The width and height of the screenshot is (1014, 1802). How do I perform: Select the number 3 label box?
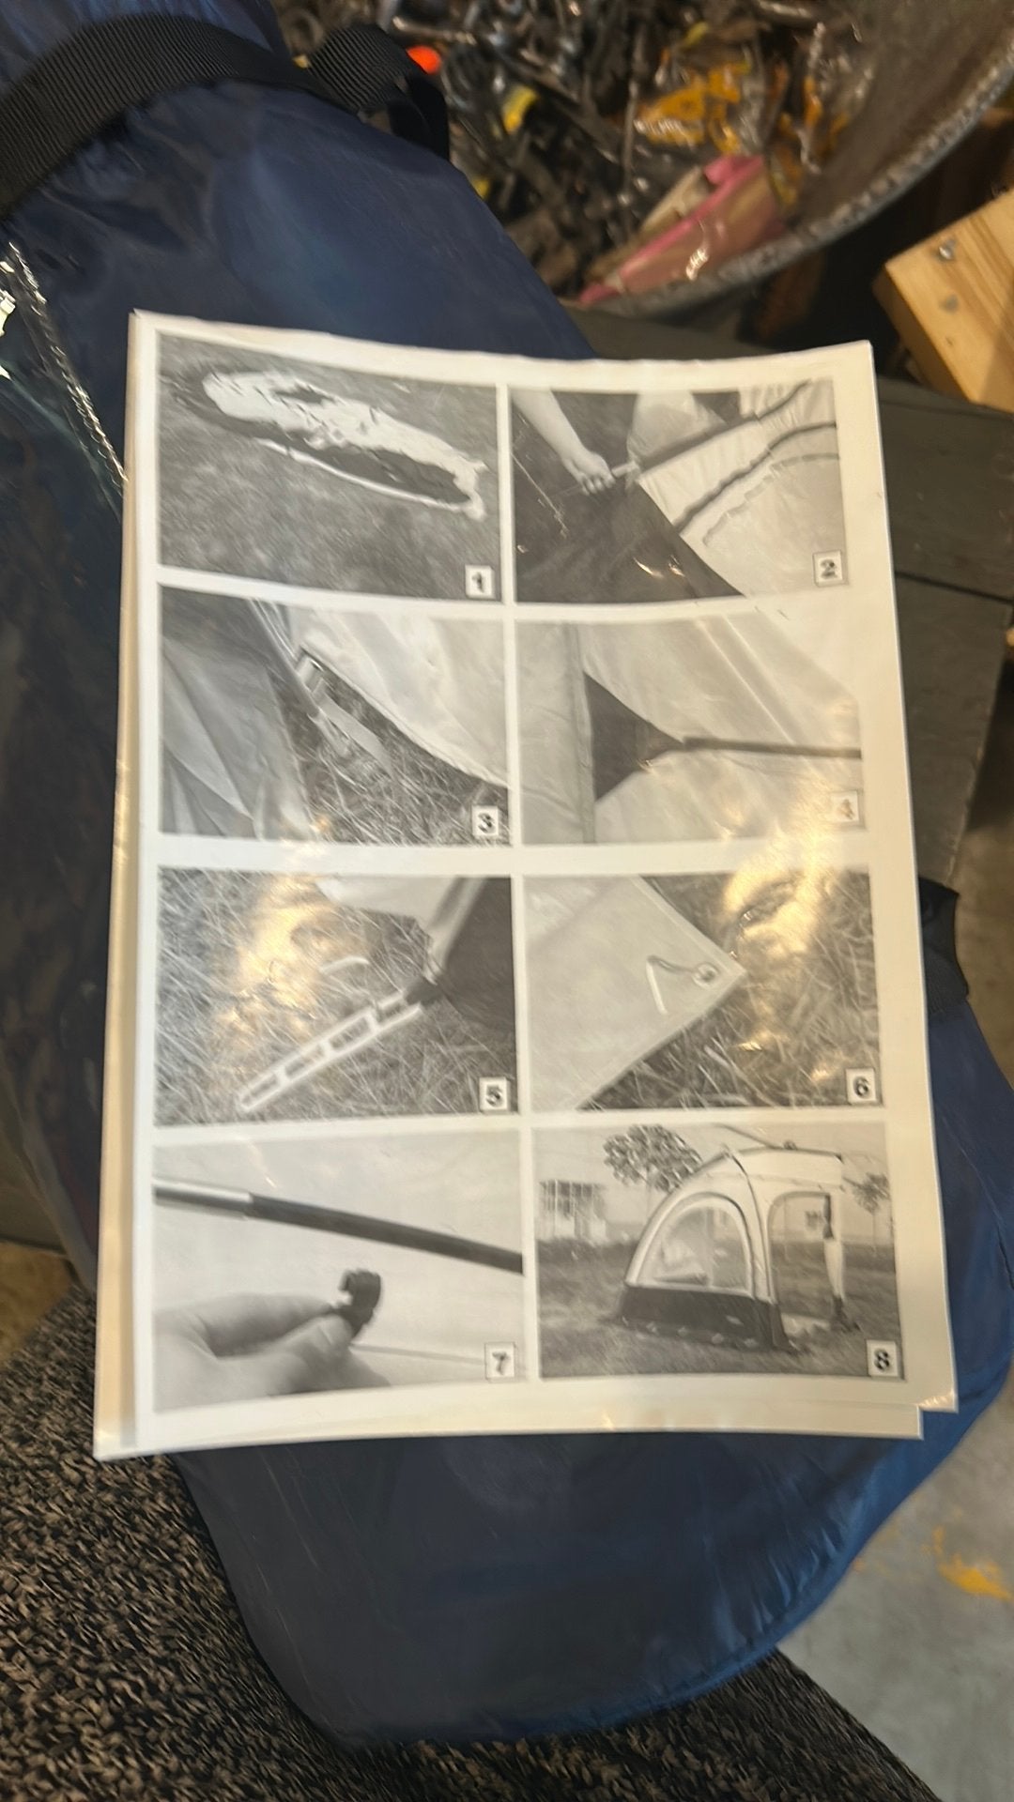(485, 823)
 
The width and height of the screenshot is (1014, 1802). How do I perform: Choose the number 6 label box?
(862, 1088)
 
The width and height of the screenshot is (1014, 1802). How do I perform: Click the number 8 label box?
(883, 1357)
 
